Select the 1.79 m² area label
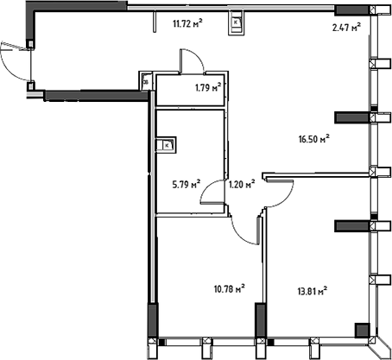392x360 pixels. (x=208, y=86)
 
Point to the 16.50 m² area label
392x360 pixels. (x=314, y=137)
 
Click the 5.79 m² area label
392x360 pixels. (x=186, y=184)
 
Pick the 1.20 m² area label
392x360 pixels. (x=241, y=184)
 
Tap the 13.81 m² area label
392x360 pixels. (x=314, y=292)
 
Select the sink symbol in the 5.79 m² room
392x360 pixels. (x=166, y=145)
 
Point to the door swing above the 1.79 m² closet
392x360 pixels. (x=192, y=63)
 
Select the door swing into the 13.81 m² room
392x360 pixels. (x=278, y=196)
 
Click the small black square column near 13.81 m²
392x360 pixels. (x=362, y=329)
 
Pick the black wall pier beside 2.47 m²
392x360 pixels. (x=349, y=11)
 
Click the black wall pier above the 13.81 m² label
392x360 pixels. (x=351, y=224)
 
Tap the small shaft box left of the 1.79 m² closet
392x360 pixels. (x=146, y=81)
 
